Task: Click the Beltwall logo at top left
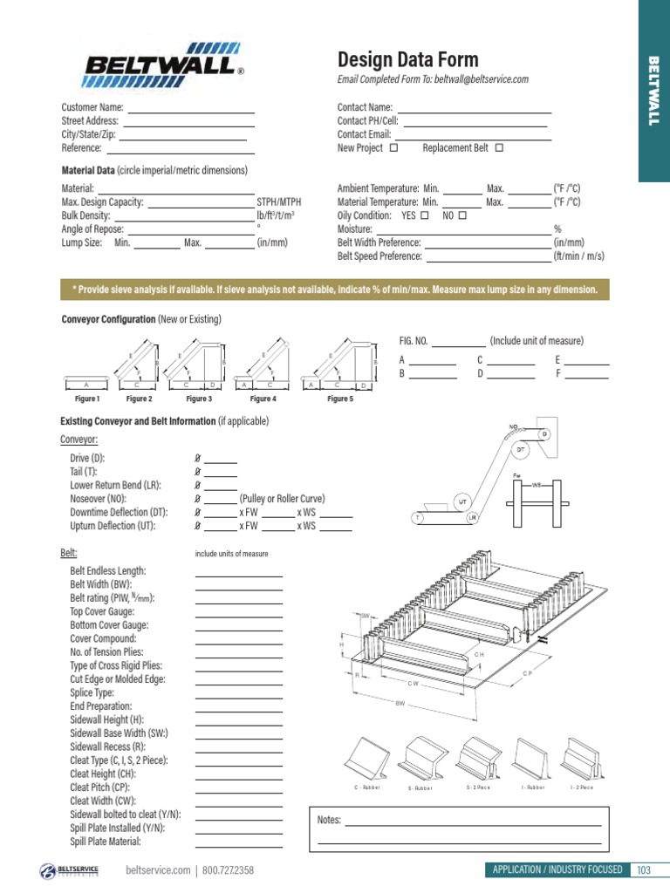pos(162,64)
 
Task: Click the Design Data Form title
pos(407,59)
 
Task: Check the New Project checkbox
pos(393,148)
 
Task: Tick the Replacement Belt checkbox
pos(499,148)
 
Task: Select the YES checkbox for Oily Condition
pos(424,215)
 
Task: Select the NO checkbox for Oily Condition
pos(462,215)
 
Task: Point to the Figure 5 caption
pos(340,399)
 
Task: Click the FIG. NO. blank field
pos(458,345)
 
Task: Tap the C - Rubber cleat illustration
pos(368,759)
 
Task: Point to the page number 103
pos(644,869)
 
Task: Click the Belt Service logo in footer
pos(71,870)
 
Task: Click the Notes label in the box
pos(330,821)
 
